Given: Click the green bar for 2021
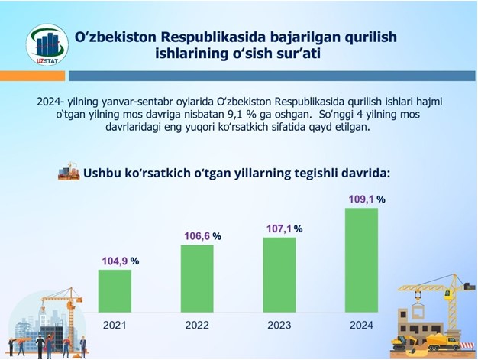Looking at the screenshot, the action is [115, 291].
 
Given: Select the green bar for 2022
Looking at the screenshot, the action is [197, 278].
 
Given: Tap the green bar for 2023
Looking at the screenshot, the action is [279, 275].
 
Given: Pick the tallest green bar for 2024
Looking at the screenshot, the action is [361, 260].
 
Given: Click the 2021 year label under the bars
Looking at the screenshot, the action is [115, 325].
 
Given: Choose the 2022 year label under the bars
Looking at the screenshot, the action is [197, 325].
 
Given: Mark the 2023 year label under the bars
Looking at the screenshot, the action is [279, 325].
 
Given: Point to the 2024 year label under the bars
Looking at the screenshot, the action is [361, 325].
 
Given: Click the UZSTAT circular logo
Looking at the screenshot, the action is [47, 45].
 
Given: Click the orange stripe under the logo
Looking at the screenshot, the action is [32, 76].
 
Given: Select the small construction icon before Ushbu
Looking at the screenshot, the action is [69, 171].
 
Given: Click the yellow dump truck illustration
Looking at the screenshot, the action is [444, 342].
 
